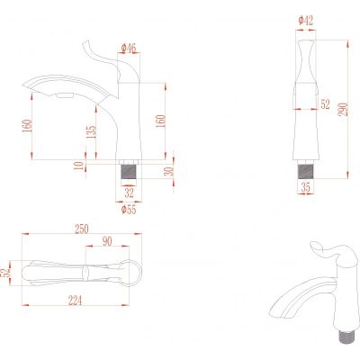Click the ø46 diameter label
point(129,48)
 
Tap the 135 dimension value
point(92,131)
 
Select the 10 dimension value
point(78,166)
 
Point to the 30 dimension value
point(169,172)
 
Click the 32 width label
point(129,193)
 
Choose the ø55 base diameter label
point(129,210)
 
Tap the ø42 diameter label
point(306,21)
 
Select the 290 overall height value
point(344,109)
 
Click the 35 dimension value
point(306,187)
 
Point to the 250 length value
point(82,229)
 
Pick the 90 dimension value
point(107,241)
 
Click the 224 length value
point(75,300)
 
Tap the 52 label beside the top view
point(5,273)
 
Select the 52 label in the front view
point(325,104)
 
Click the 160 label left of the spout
point(27,127)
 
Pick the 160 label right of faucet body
point(160,121)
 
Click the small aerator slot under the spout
point(65,95)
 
